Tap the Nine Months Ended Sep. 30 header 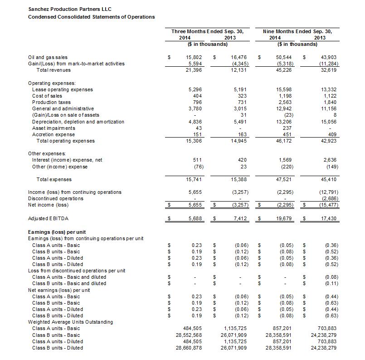(x=297, y=31)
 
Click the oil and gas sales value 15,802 (x=194, y=58)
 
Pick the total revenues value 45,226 (x=284, y=70)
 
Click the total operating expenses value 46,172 (x=284, y=141)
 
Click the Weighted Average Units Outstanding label (x=70, y=322)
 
